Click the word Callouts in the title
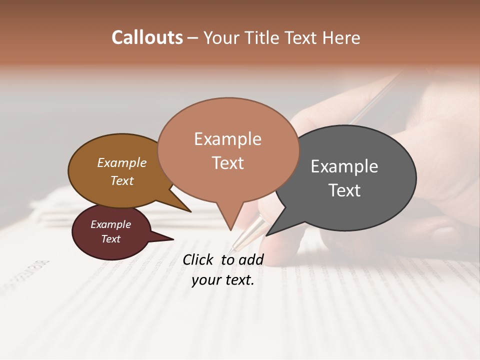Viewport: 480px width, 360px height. point(147,37)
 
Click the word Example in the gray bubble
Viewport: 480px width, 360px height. point(344,166)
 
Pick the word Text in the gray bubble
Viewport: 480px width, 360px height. point(344,190)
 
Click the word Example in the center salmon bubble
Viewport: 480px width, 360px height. point(227,139)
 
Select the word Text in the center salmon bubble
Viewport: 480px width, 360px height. point(227,163)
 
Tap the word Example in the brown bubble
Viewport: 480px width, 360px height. point(121,162)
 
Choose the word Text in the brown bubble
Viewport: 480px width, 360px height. point(121,180)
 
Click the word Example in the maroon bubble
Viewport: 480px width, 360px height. point(110,224)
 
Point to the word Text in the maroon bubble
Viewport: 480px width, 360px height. point(110,239)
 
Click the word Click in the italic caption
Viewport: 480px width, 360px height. point(198,259)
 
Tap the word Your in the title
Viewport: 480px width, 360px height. point(221,38)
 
